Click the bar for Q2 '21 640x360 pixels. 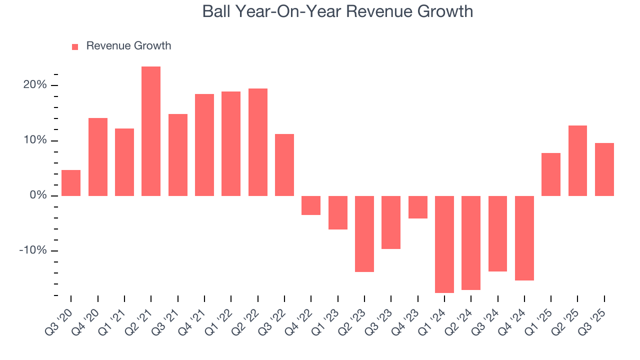[151, 131]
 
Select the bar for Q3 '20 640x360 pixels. [71, 183]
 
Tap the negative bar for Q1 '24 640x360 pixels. [444, 244]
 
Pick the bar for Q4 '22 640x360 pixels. [311, 205]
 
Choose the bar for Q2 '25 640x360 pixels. [577, 160]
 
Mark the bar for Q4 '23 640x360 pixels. [417, 207]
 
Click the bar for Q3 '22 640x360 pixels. [284, 165]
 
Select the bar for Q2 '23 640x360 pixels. [364, 233]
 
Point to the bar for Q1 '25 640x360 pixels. [551, 174]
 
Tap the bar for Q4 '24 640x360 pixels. [524, 238]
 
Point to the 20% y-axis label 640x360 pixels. [34, 85]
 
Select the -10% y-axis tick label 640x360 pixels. [32, 250]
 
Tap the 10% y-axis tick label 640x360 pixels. [34, 140]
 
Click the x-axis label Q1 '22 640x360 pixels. [224, 316]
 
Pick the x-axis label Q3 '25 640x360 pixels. [597, 316]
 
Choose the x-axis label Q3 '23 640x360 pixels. [384, 316]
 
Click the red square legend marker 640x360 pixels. [75, 46]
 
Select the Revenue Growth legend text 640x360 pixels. [128, 46]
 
